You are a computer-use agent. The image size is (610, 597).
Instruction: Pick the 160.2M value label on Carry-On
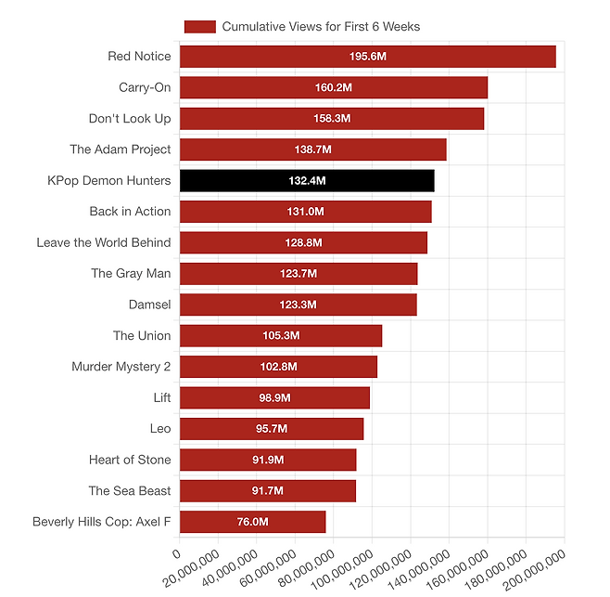point(333,88)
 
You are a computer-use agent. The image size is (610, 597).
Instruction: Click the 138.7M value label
point(312,149)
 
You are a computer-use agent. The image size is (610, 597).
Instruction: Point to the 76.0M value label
point(252,522)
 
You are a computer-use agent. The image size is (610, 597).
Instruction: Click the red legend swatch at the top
point(200,27)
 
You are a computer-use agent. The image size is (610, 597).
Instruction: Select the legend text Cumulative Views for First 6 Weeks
point(321,27)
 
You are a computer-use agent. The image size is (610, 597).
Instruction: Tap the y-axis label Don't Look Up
point(130,119)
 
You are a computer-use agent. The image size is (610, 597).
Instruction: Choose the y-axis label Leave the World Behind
point(104,242)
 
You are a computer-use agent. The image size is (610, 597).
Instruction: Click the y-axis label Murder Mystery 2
point(121,367)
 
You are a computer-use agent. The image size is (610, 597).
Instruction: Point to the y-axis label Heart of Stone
point(130,460)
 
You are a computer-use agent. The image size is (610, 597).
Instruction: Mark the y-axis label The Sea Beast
point(130,490)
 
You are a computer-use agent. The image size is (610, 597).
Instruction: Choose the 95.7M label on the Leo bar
point(271,429)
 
